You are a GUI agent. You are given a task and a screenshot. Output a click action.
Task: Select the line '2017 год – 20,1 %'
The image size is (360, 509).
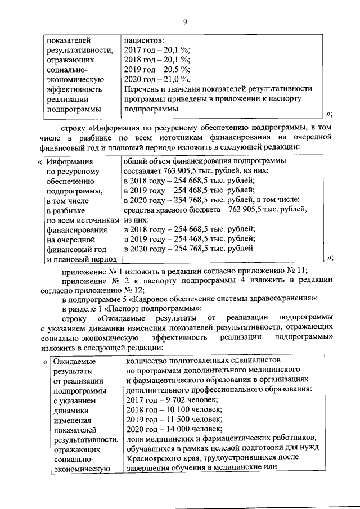[x=157, y=51]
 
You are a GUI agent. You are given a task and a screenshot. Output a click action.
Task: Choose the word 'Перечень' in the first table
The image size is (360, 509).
[x=142, y=89]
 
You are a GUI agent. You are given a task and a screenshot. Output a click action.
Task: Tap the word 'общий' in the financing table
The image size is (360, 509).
[x=134, y=161]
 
